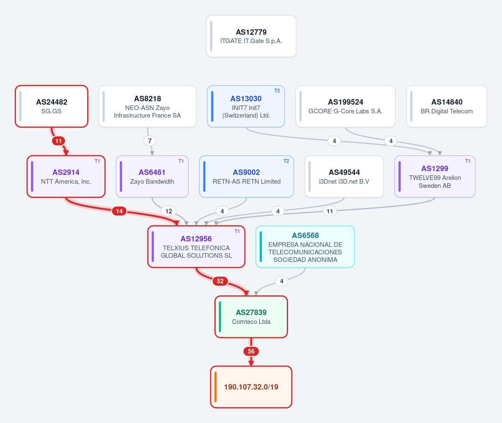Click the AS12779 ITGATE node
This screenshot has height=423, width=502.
[x=251, y=36]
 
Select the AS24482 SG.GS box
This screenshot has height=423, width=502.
[x=51, y=106]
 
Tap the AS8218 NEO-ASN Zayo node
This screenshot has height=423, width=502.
[x=147, y=106]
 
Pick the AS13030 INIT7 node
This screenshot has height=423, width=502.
[x=246, y=106]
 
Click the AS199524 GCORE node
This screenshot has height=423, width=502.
[x=345, y=106]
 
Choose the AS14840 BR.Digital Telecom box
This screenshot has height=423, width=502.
[x=447, y=106]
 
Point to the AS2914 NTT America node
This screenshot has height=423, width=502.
[x=66, y=176]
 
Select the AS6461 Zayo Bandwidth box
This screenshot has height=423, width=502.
[x=152, y=176]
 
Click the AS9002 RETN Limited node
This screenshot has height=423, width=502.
[x=247, y=176]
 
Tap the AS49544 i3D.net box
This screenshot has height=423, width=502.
[x=344, y=176]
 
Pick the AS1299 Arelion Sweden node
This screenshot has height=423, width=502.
[x=435, y=176]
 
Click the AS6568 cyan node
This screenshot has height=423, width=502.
[x=305, y=247]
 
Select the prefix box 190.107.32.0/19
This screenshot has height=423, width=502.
[x=251, y=387]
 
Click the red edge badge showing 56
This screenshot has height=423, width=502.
[x=251, y=351]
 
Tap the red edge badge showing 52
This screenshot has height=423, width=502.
[x=220, y=281]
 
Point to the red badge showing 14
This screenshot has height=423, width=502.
[x=119, y=211]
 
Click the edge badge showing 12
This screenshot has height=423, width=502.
[x=169, y=211]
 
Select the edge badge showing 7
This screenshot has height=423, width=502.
[x=150, y=141]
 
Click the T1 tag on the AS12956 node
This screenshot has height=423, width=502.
[x=237, y=231]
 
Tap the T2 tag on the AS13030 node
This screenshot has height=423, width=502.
[x=277, y=91]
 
